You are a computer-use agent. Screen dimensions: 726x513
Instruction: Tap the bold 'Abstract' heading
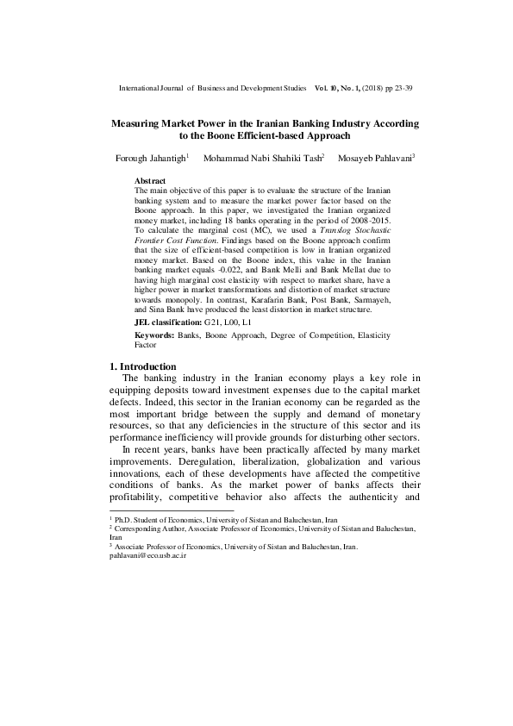[x=151, y=179]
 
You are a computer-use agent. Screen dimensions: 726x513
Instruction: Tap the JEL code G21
[x=213, y=321]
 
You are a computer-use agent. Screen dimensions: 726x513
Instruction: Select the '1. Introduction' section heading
[x=143, y=366]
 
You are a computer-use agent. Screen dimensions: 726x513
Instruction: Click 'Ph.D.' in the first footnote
[x=126, y=521]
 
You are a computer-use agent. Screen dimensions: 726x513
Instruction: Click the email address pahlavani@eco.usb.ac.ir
[x=147, y=556]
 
